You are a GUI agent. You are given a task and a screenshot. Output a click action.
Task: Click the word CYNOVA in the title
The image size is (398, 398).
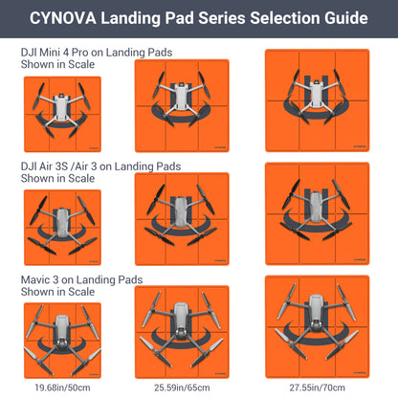(65, 18)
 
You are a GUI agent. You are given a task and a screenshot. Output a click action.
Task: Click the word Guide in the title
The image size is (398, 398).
(341, 18)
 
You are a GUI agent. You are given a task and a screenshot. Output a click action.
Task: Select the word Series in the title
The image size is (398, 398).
(206, 18)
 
